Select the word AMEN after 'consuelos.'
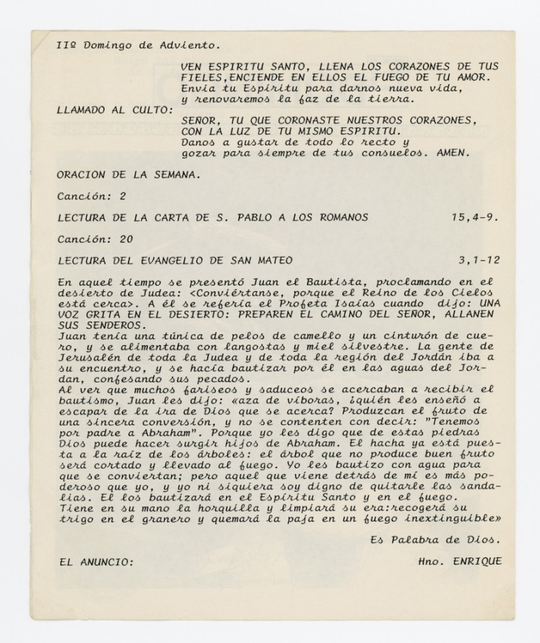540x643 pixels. click(x=453, y=152)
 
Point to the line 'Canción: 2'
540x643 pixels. click(x=93, y=195)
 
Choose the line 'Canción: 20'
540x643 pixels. click(x=96, y=238)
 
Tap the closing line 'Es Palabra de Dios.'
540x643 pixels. click(x=435, y=539)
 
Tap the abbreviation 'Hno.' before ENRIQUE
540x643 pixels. click(x=428, y=561)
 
